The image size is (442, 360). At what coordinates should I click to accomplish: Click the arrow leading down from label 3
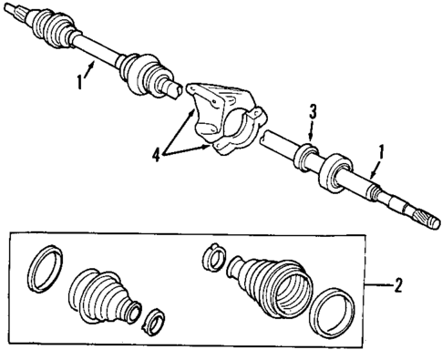point(310,129)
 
